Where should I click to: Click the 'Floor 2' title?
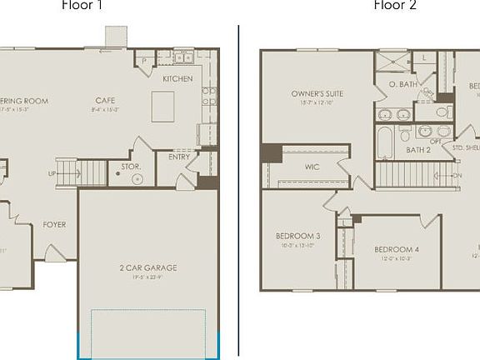(x=395, y=5)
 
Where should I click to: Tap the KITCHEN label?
(x=177, y=79)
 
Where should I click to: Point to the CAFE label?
(x=105, y=101)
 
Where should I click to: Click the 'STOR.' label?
(x=131, y=167)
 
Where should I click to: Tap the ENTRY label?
(x=179, y=156)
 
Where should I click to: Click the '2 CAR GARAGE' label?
(x=147, y=267)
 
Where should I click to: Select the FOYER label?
(x=55, y=224)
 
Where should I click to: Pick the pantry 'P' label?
(x=144, y=61)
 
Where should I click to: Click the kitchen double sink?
(x=182, y=58)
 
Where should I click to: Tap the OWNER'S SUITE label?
(x=317, y=93)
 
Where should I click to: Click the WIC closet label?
(x=312, y=167)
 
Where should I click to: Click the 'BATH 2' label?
(x=417, y=150)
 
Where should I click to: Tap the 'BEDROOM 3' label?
(x=297, y=236)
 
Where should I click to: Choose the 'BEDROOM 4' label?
(x=396, y=249)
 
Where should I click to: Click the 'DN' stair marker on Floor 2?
(x=457, y=176)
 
